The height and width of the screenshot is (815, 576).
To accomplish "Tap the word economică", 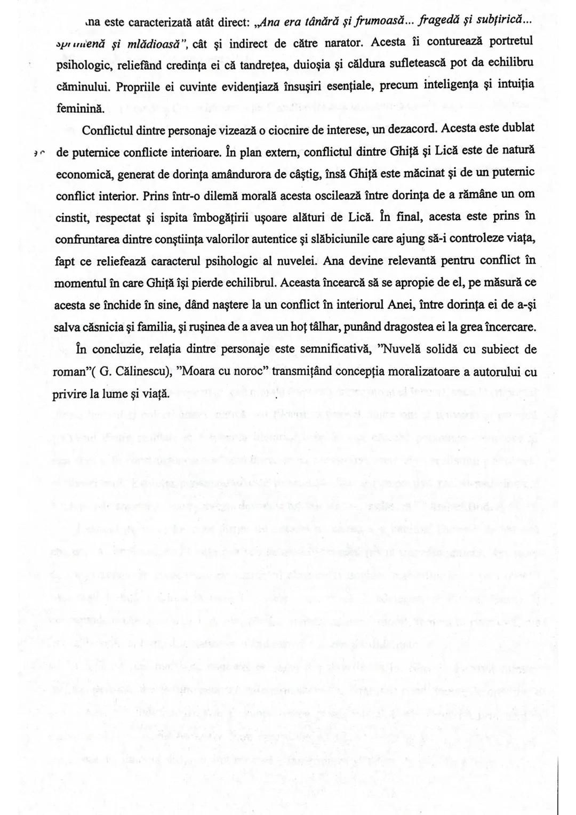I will [81, 173].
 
